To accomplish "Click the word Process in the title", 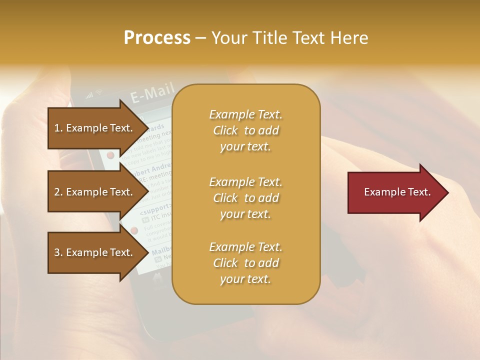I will pos(157,38).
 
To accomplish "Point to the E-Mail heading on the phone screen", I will pos(152,93).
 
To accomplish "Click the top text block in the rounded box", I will pos(245,130).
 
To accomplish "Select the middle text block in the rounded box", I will pos(245,198).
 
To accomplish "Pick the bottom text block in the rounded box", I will pos(245,263).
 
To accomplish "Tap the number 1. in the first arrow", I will pos(58,128).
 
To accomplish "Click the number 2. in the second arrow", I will pos(58,192).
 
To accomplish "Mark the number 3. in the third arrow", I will pos(58,252).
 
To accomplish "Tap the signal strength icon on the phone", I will pos(90,94).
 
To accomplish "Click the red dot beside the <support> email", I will pos(133,230).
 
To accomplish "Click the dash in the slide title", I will pos(201,38).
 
